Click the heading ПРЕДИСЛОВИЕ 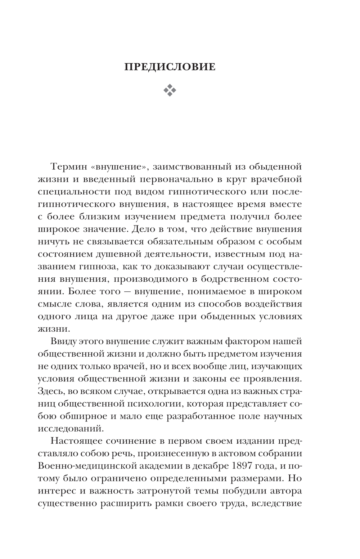tap(170, 67)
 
